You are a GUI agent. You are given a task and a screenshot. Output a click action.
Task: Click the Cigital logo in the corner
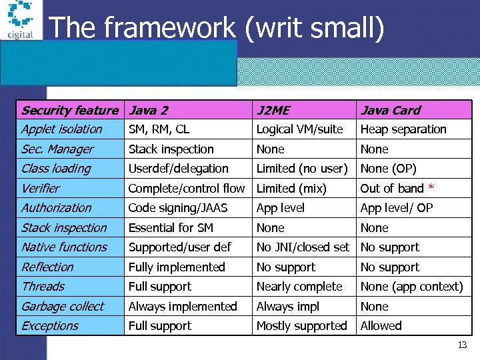click(21, 20)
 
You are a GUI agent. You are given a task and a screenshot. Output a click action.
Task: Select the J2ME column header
click(273, 110)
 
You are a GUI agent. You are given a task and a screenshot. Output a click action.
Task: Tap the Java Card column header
click(391, 110)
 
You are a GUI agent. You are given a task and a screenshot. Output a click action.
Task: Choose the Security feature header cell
click(69, 110)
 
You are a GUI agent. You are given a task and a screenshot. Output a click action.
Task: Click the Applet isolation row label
click(61, 129)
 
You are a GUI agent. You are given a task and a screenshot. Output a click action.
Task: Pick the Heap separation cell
click(403, 129)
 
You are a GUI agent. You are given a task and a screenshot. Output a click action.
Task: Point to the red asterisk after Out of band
click(431, 188)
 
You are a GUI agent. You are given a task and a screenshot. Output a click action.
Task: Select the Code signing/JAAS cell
click(178, 208)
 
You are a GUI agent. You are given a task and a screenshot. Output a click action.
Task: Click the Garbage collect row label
click(63, 307)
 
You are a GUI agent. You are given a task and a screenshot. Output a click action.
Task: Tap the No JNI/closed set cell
click(303, 247)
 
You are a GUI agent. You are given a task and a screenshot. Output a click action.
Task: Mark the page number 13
click(462, 345)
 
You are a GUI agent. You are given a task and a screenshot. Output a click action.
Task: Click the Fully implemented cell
click(177, 267)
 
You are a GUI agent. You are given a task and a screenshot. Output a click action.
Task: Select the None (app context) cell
click(411, 287)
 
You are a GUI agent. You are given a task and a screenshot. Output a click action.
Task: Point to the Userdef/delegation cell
click(178, 169)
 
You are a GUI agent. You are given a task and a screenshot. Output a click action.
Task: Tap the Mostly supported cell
click(301, 326)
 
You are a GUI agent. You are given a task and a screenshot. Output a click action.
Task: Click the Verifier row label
click(41, 189)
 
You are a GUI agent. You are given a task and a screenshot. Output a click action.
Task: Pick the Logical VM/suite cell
click(299, 129)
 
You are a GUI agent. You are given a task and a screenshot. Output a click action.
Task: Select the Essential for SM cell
click(171, 228)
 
